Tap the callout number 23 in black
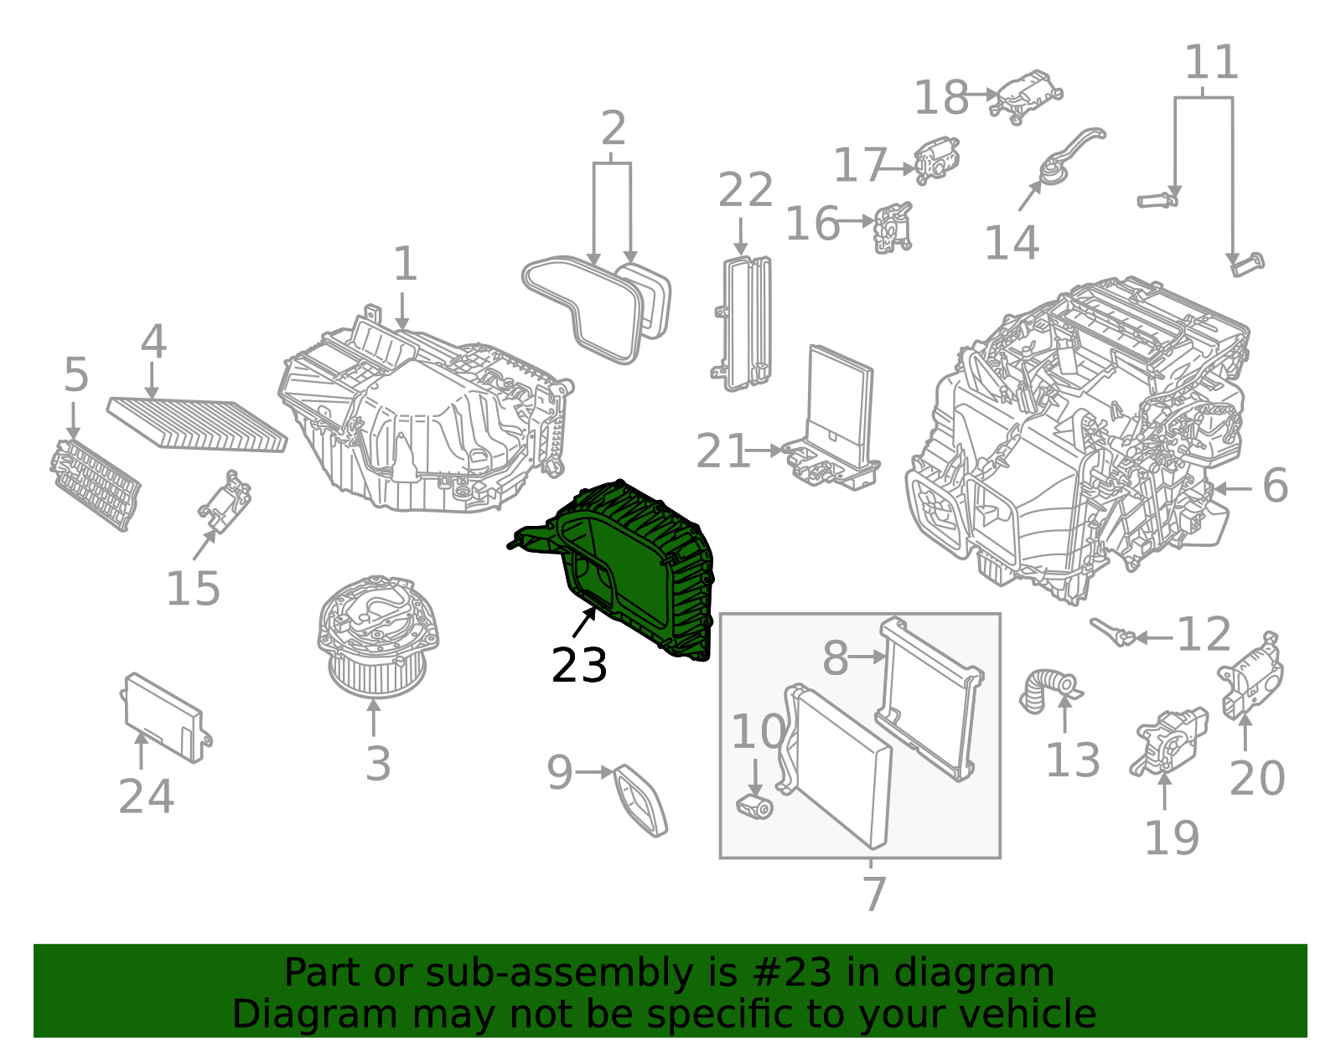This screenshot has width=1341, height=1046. pos(579,667)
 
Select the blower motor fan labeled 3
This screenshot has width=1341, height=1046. pos(377,636)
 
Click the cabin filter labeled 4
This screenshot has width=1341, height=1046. pos(197,424)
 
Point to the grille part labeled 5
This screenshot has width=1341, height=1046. pos(95,485)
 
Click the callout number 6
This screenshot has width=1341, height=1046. pos(1275,487)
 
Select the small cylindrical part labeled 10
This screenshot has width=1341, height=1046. pos(754,807)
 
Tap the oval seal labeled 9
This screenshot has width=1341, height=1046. pos(641,801)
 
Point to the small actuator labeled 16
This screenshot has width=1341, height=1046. pos(892,227)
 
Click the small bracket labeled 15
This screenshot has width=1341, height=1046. pos(225,503)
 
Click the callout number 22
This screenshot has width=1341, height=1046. pos(745,191)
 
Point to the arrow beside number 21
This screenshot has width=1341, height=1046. pos(764,451)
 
